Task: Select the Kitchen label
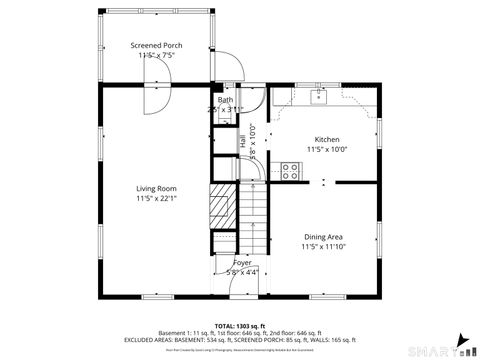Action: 326,139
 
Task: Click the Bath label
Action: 226,100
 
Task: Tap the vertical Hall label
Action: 243,143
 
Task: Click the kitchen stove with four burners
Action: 291,169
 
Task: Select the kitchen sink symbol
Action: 320,96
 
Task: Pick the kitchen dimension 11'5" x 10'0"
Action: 326,149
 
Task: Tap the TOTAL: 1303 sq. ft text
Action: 239,326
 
